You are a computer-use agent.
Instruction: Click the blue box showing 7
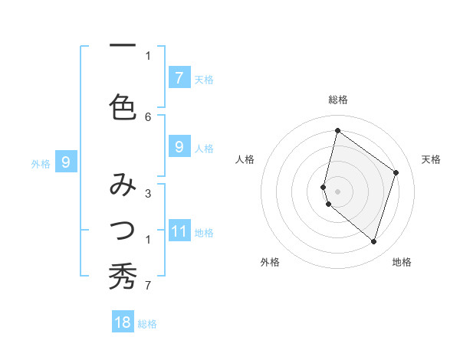coord(179,77)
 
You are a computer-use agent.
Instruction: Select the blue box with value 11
coord(179,231)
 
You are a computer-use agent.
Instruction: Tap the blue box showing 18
coord(123,322)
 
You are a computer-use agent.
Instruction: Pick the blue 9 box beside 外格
coord(66,162)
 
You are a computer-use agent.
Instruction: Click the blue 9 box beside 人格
coord(179,147)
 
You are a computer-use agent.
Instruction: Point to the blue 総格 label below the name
coord(147,324)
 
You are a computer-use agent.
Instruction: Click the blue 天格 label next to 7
coord(204,79)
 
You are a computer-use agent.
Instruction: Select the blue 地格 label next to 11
coord(204,232)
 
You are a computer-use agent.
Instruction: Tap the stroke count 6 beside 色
coord(148,116)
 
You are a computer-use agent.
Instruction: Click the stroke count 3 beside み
coord(148,194)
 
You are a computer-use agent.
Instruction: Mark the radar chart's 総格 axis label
coord(338,100)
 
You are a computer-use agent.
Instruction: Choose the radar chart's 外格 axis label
coord(270,262)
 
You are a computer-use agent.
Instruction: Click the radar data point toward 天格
coord(396,172)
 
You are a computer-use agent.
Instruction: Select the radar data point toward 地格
coord(373,241)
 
